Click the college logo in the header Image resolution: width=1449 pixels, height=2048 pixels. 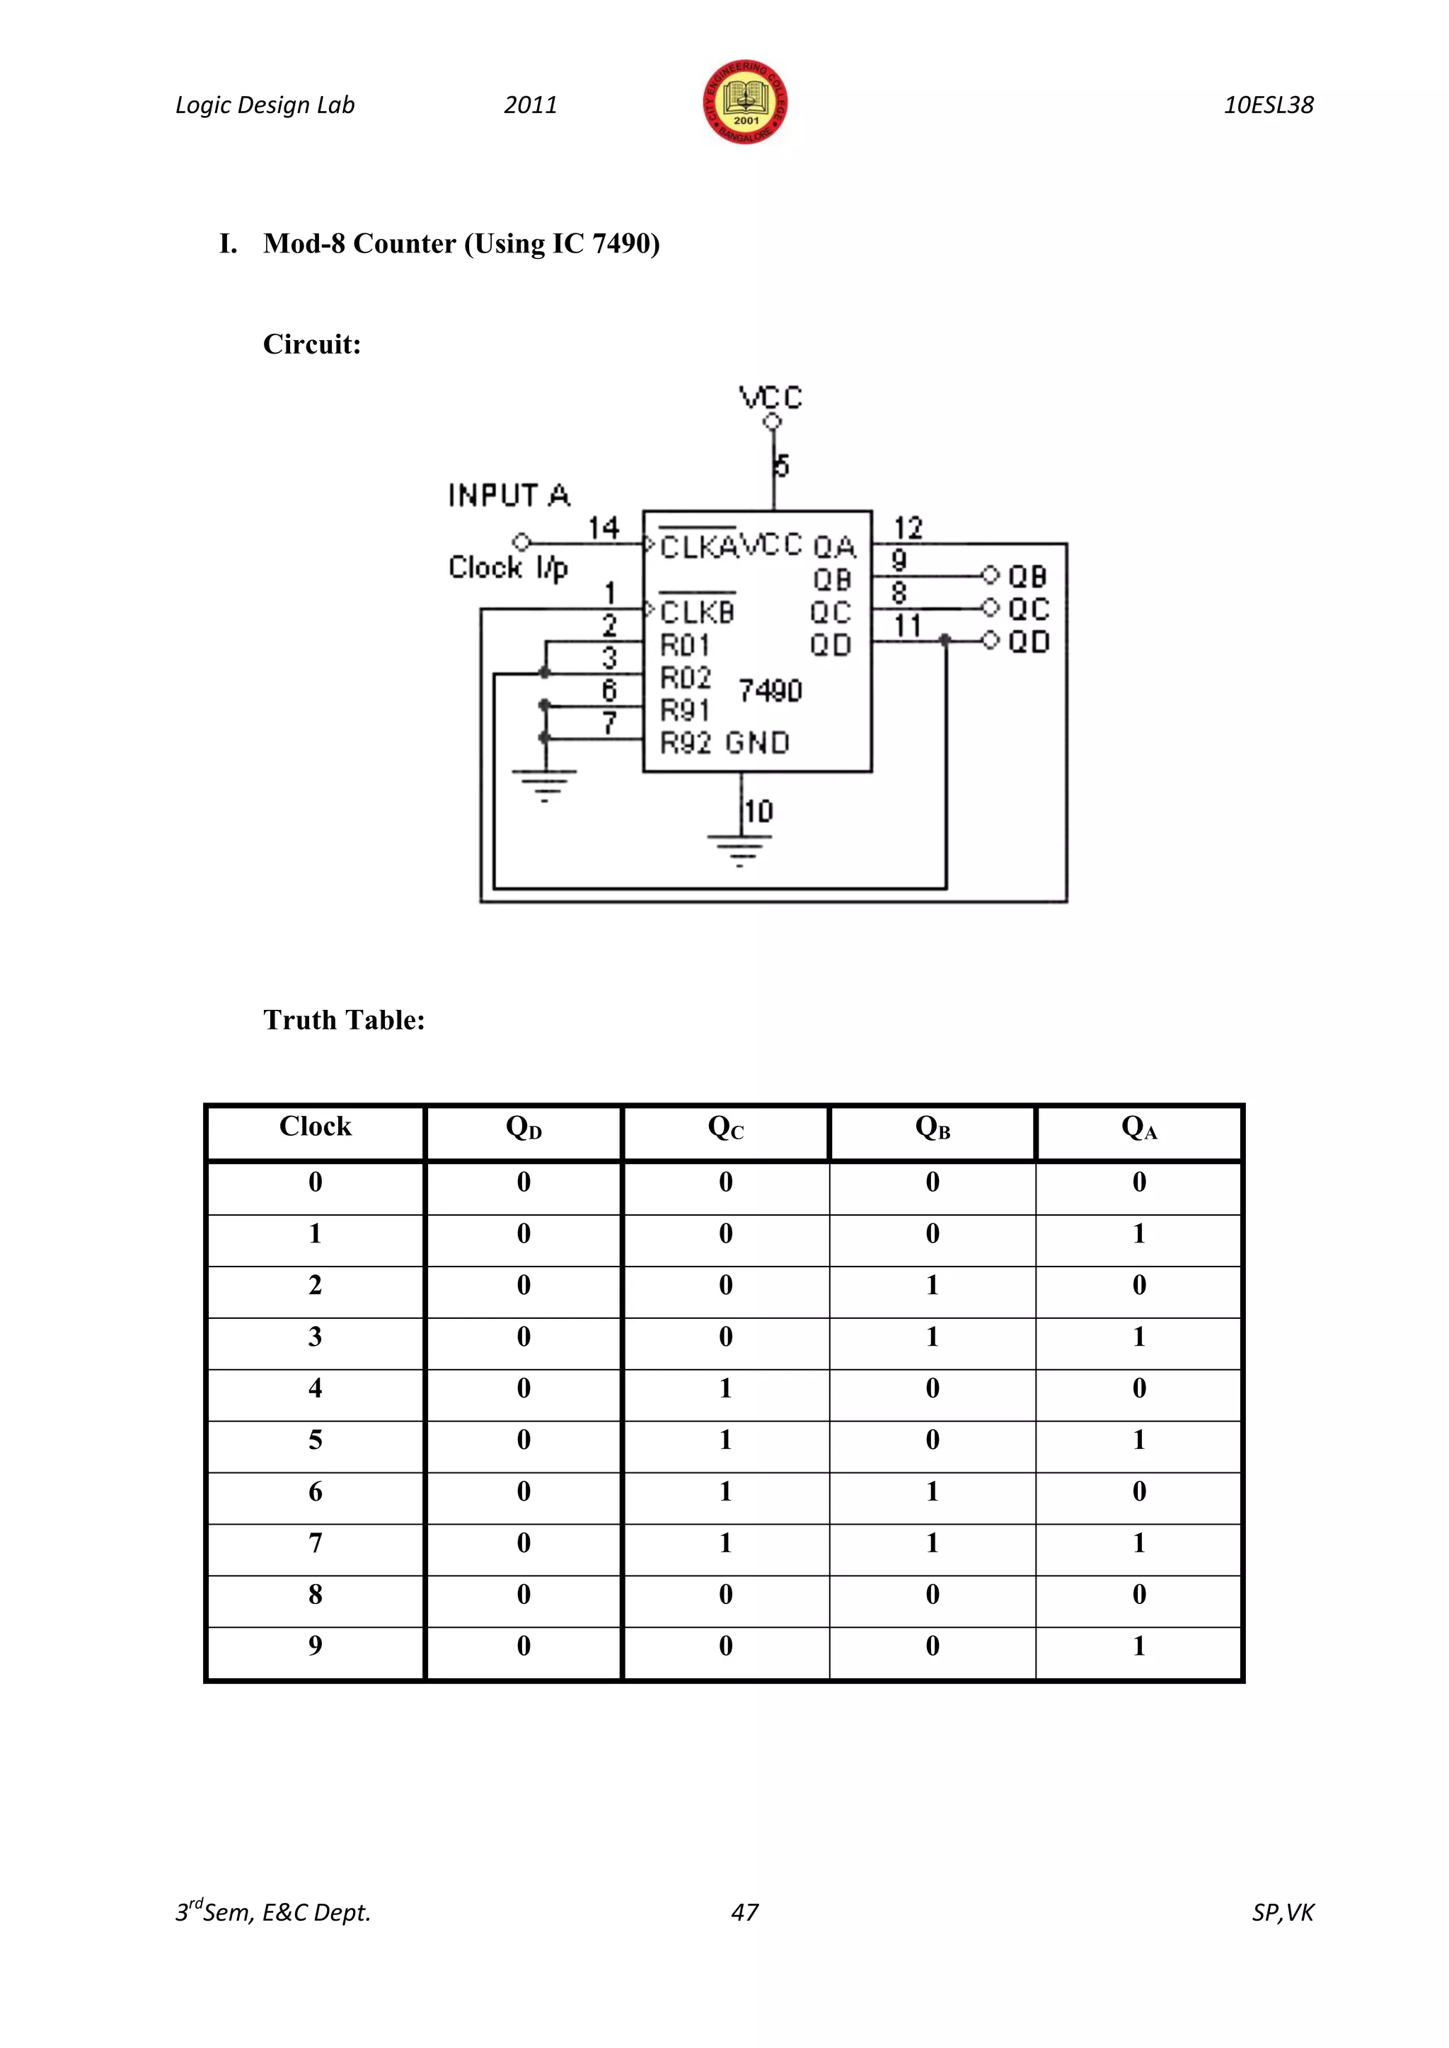744,103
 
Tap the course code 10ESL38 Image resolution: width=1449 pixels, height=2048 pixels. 1268,105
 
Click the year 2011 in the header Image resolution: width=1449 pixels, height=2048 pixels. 530,105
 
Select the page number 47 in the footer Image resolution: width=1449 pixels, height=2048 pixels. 744,1912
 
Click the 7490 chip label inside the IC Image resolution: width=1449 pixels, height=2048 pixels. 770,690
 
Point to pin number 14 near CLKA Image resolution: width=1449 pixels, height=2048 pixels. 603,528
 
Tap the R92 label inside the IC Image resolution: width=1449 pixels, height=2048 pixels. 686,742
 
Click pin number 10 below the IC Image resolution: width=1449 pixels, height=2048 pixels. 758,812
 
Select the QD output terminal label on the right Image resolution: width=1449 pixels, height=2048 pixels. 1029,641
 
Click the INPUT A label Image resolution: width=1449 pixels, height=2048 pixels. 509,495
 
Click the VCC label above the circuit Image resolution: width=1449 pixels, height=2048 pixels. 771,397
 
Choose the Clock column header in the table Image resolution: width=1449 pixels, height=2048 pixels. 315,1127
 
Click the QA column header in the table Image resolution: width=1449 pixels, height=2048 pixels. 1138,1129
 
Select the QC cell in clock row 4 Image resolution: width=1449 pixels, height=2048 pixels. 725,1388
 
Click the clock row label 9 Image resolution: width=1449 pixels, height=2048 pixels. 315,1646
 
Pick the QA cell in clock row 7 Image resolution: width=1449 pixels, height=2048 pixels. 1138,1543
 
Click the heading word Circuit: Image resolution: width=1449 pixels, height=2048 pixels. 311,344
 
